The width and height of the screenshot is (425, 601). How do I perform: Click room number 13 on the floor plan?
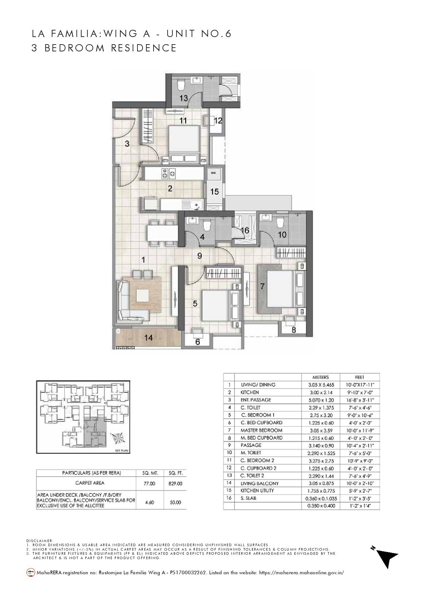[183, 98]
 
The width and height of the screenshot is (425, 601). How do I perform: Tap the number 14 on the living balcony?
[148, 338]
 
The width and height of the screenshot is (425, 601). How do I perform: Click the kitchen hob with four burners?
[168, 173]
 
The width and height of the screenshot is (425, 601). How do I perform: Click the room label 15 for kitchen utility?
[215, 192]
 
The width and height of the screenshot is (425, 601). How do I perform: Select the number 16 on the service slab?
[245, 231]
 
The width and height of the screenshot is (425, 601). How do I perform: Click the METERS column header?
[320, 377]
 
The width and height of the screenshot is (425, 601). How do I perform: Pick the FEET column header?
[360, 377]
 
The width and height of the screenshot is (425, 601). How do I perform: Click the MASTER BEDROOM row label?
[261, 430]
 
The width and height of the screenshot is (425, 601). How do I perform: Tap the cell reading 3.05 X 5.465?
[320, 385]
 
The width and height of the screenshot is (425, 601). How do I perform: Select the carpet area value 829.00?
[175, 483]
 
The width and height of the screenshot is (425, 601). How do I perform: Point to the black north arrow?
[387, 558]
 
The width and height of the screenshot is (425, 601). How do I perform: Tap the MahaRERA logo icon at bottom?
[31, 572]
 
